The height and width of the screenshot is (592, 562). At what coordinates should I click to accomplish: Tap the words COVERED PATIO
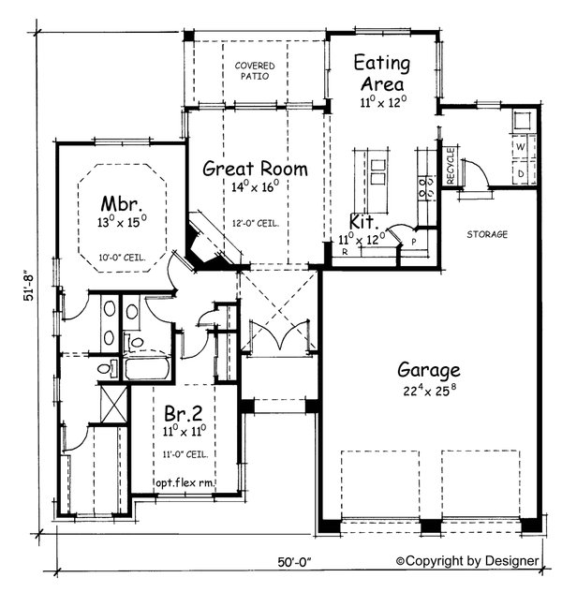(255, 71)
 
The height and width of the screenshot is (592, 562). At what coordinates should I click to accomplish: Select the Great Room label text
(256, 170)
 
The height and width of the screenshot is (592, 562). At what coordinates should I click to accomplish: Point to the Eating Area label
(381, 73)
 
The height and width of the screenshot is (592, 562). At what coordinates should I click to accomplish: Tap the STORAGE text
(487, 233)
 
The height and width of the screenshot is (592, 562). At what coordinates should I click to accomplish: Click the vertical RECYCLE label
(451, 165)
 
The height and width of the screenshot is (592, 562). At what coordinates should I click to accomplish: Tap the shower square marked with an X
(111, 407)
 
